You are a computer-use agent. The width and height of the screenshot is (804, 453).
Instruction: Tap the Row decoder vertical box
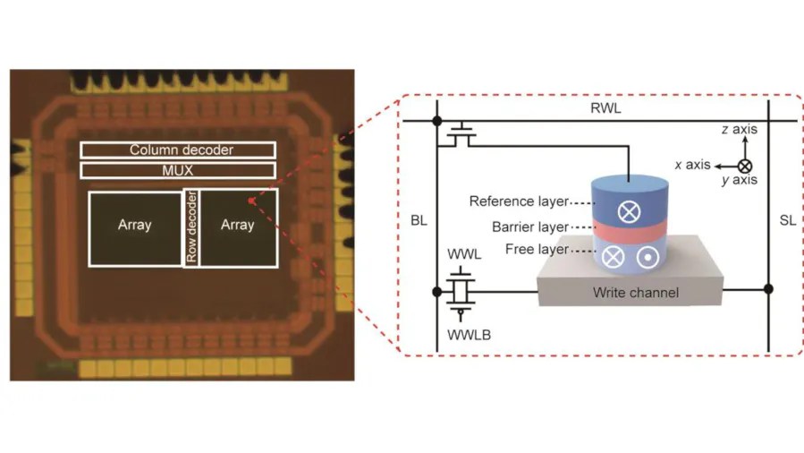click(x=190, y=227)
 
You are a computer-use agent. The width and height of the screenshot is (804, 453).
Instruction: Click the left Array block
click(x=135, y=226)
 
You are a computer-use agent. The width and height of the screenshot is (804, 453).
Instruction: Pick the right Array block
click(x=237, y=226)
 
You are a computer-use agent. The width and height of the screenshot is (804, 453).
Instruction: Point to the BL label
click(x=419, y=221)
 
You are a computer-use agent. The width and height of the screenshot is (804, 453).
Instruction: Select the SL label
click(x=787, y=221)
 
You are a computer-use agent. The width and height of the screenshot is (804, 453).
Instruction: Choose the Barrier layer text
click(x=529, y=226)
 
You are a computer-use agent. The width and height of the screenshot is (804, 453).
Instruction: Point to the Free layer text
click(x=537, y=249)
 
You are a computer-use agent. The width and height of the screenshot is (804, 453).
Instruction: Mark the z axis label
click(x=739, y=130)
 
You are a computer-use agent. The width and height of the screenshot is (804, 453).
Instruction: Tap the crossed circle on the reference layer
click(x=630, y=212)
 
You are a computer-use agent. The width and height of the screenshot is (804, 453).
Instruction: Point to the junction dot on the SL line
click(x=767, y=288)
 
